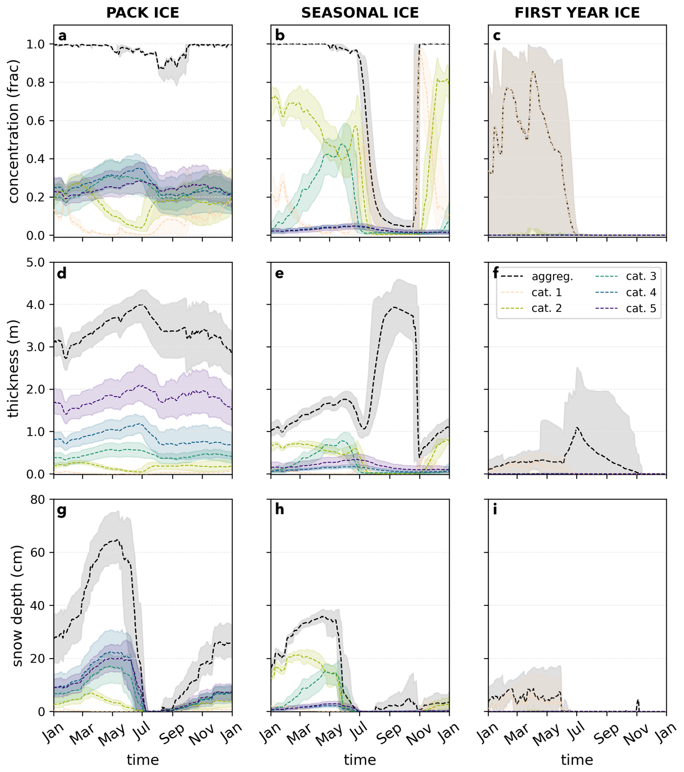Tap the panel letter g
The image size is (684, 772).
point(61,510)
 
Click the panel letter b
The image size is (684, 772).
point(280,35)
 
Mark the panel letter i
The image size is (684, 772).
point(495,510)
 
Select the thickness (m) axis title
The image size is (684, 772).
point(14,368)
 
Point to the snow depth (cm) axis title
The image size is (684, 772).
point(17,606)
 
